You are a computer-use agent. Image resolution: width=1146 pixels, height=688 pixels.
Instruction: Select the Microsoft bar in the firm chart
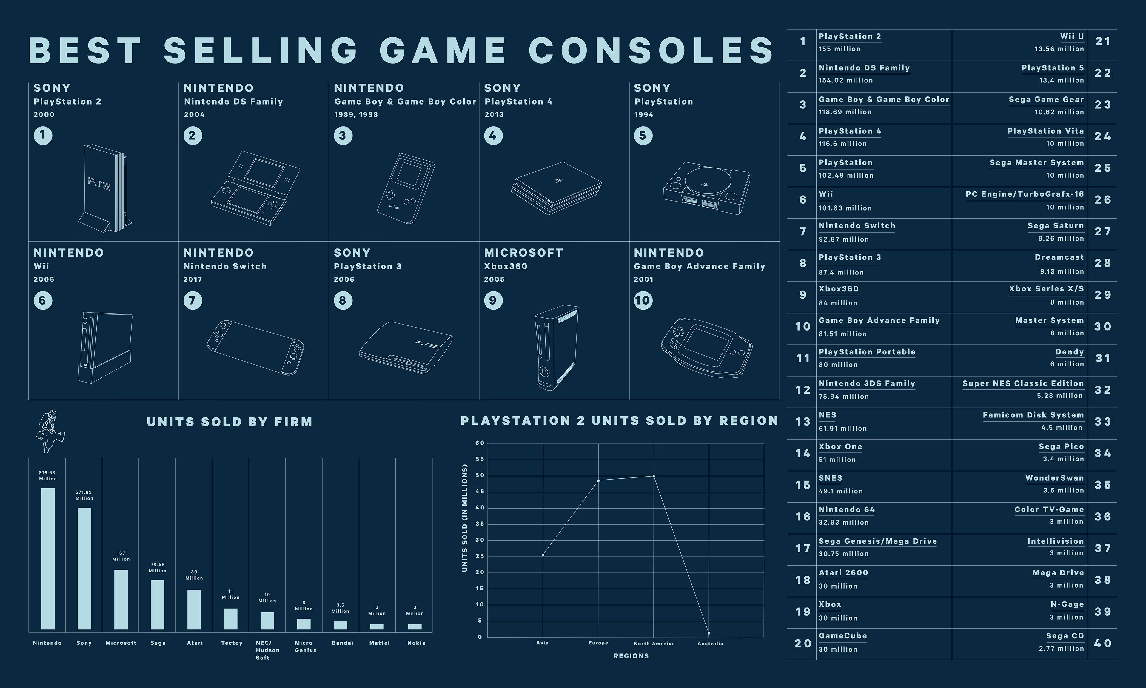click(x=121, y=599)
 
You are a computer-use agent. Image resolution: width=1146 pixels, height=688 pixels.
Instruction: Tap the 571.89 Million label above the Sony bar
click(x=84, y=495)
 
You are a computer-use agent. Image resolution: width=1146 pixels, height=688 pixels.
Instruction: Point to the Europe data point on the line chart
click(x=598, y=480)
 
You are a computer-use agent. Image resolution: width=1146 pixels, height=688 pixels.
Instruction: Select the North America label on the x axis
click(x=654, y=644)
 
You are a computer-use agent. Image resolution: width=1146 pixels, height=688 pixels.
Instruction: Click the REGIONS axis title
click(x=631, y=656)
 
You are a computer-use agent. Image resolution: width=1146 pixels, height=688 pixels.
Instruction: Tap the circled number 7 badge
click(x=193, y=300)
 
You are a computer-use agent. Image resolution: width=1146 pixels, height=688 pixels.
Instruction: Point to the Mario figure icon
click(x=50, y=431)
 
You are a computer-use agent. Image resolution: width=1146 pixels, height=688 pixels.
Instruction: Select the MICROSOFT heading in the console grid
click(x=523, y=253)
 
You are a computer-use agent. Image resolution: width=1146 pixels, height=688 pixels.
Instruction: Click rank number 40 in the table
click(x=1103, y=644)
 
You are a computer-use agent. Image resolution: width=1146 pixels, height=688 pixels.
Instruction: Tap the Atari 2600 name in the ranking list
click(x=843, y=572)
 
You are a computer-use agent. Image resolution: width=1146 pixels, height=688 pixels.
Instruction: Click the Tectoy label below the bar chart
click(x=232, y=643)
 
